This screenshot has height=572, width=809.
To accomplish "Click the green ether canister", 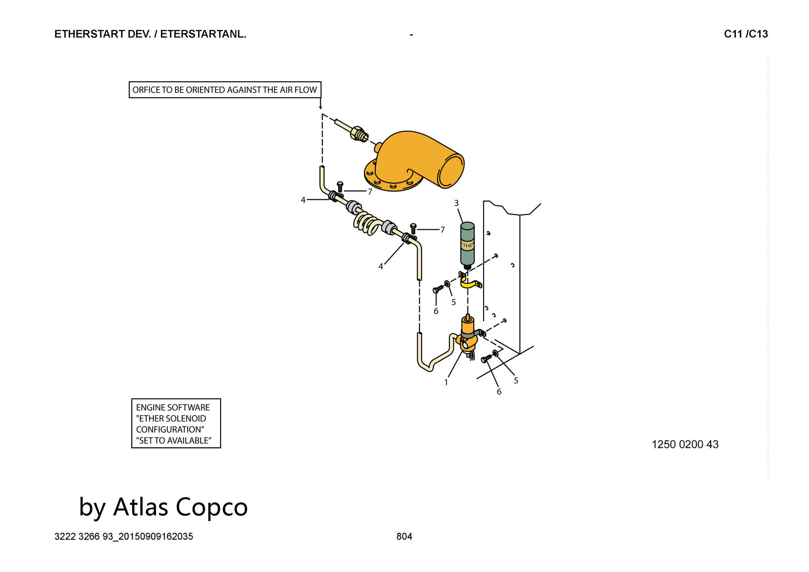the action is pos(468,245).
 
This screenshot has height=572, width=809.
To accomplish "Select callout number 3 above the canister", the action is pos(456,203).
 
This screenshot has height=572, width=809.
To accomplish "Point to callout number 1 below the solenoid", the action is pos(446,382).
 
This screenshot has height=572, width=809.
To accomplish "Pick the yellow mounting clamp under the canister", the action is pos(470,280).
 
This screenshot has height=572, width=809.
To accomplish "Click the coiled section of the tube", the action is pos(368,223).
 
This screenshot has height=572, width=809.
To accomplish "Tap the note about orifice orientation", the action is pos(225,90).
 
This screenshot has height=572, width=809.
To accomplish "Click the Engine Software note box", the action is pos(176,424).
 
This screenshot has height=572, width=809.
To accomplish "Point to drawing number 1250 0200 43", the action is pos(685,445).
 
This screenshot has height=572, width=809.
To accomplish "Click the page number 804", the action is pos(404,537).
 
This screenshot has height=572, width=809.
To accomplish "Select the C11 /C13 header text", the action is pos(746,34).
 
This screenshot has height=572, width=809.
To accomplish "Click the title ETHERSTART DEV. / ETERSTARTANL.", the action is pos(150,34).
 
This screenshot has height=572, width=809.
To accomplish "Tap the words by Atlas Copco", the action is pos(163,506).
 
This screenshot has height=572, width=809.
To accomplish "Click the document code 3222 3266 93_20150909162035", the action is pos(124,537).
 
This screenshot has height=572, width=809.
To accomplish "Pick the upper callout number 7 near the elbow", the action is pos(370,192).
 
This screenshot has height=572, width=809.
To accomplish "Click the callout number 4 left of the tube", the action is pos(303,200).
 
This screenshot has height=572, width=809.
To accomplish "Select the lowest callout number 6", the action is pos(499,392).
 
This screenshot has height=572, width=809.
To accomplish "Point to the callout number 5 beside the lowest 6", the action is pos(516,381).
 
